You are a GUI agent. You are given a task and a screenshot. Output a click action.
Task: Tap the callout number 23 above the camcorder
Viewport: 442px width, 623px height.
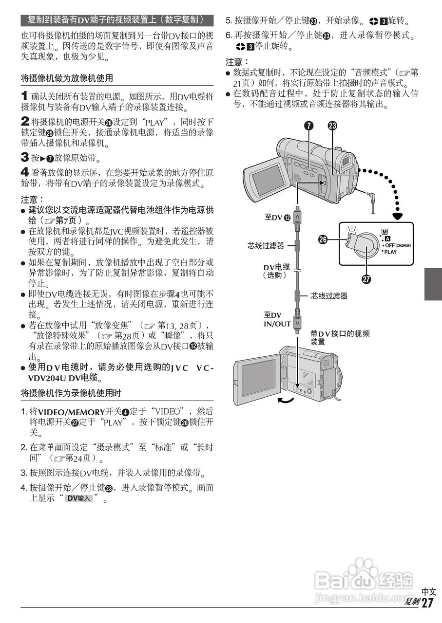[332, 126]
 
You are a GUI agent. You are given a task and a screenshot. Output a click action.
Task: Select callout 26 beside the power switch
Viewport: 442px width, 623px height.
[322, 238]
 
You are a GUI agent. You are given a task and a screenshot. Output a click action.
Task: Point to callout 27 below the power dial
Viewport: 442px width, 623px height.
[365, 280]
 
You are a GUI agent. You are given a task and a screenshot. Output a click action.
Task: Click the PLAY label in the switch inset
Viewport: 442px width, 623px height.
[390, 252]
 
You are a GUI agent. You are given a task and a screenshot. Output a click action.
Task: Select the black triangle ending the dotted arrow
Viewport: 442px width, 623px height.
[399, 215]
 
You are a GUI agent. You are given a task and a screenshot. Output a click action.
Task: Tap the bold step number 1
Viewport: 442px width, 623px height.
[24, 96]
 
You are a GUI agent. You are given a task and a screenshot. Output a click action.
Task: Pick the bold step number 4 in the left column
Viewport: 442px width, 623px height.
[24, 171]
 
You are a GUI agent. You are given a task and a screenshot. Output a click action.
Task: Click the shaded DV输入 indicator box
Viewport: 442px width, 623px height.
[79, 498]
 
